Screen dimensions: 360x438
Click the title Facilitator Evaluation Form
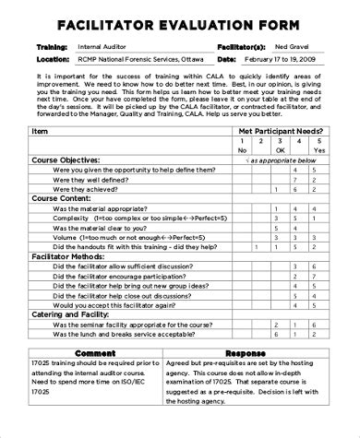tap(179, 25)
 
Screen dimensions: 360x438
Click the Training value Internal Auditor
tap(102, 45)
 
